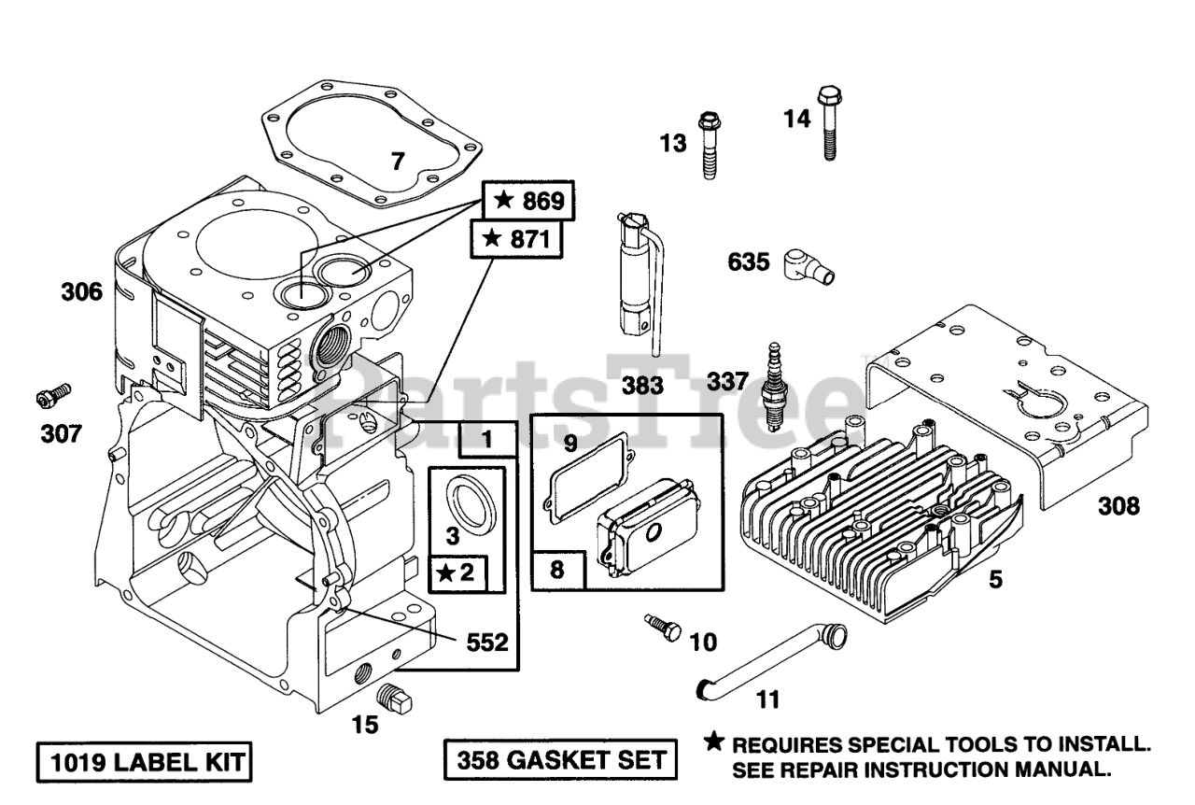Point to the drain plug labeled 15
(395, 699)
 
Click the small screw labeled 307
(53, 396)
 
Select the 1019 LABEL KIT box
(144, 762)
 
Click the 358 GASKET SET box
(560, 759)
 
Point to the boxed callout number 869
(528, 200)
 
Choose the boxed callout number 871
(516, 239)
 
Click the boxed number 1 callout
(487, 439)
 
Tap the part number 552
(487, 643)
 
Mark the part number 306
(81, 292)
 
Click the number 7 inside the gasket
(398, 162)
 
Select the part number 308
(1118, 506)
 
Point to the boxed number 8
(557, 570)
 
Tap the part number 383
(642, 386)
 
